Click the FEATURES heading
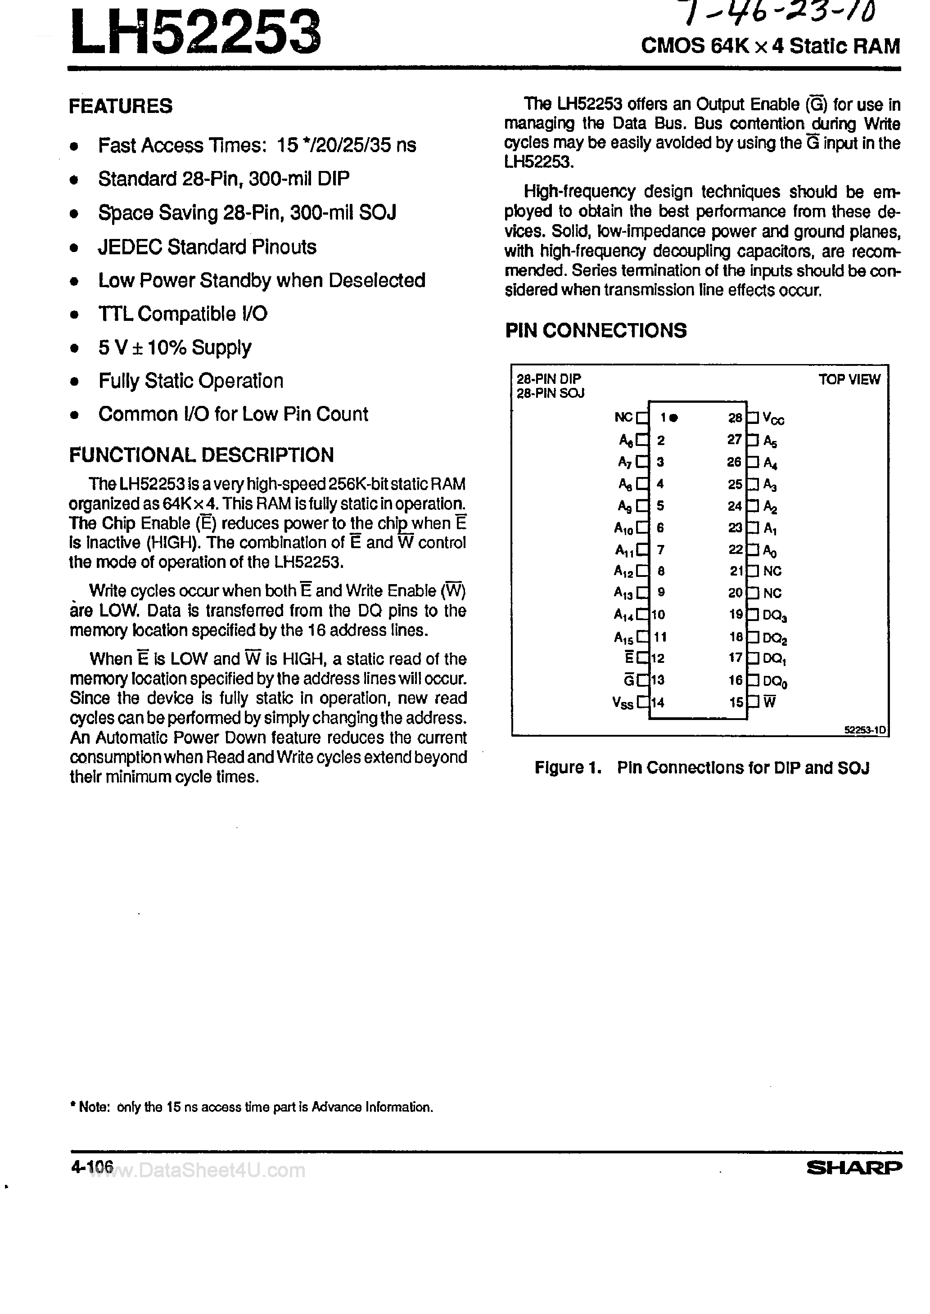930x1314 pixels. tap(120, 107)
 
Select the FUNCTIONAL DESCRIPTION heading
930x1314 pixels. tap(201, 455)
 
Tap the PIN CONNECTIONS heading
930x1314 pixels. tap(596, 331)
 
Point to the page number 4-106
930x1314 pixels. tap(92, 1166)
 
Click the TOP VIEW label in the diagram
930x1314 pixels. tap(849, 379)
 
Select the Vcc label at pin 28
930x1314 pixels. tap(774, 419)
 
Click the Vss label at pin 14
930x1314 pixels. tap(623, 703)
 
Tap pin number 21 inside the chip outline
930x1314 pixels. tap(735, 571)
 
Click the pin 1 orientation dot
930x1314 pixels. tap(674, 418)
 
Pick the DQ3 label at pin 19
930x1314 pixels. tap(775, 616)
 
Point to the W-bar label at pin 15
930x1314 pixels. tap(770, 702)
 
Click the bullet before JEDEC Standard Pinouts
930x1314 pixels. tap(73, 248)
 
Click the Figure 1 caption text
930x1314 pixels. tap(701, 768)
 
